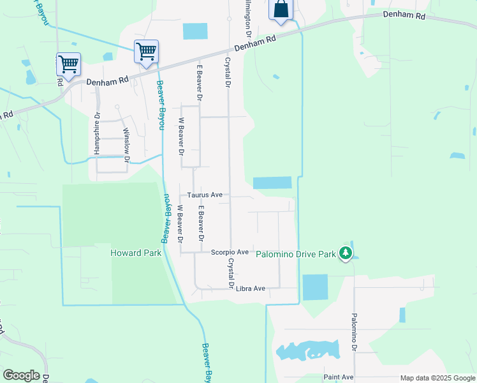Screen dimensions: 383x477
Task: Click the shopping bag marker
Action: (x=281, y=11)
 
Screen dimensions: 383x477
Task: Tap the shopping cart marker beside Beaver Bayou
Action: (x=146, y=52)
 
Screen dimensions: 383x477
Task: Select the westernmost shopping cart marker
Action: (x=68, y=64)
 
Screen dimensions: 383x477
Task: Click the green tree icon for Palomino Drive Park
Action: (x=345, y=253)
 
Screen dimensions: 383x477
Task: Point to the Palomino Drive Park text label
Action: (x=295, y=254)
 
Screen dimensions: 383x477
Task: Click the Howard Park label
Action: (x=136, y=253)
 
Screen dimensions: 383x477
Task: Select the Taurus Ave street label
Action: (x=204, y=195)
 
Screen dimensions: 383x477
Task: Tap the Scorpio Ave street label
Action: (x=230, y=252)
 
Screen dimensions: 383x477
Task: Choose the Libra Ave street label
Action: (x=250, y=289)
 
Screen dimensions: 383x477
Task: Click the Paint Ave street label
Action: (x=338, y=377)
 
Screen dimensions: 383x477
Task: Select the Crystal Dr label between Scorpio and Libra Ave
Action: (x=229, y=273)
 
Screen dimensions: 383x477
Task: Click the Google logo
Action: (x=21, y=375)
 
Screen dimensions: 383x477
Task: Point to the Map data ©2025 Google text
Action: (x=437, y=378)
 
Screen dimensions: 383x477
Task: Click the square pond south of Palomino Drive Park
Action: (x=315, y=287)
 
